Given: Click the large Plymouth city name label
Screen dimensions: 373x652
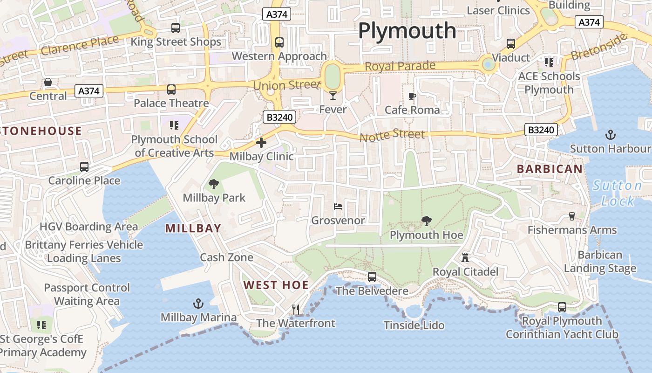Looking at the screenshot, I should click(407, 31).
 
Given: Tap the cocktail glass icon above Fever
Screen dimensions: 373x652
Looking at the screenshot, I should click(333, 96).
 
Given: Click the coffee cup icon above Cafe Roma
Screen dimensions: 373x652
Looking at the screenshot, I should click(412, 97).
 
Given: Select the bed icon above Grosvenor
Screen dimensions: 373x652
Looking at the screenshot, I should click(338, 206).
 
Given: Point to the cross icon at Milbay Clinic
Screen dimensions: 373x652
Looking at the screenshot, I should click(261, 143).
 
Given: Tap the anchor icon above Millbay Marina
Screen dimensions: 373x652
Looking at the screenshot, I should click(198, 304).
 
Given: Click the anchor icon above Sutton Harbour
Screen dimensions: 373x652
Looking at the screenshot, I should click(610, 135).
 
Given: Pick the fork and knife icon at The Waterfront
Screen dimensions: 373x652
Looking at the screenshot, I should click(295, 309).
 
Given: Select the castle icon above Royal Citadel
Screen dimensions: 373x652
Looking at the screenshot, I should click(465, 257).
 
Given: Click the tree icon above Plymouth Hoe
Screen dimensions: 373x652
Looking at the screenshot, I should click(426, 221).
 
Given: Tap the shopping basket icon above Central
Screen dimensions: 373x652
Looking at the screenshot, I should click(48, 83).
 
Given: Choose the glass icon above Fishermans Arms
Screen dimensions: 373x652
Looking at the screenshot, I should click(572, 216).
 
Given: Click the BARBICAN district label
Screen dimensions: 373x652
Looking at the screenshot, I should click(550, 169).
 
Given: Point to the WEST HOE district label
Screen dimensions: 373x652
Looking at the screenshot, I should click(276, 285).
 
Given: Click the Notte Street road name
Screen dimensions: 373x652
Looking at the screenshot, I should click(392, 135).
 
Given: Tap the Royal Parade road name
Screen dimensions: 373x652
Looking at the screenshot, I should click(400, 66).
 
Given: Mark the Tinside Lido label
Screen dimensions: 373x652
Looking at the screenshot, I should click(414, 325).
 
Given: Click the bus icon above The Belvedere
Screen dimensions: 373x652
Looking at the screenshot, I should click(372, 276).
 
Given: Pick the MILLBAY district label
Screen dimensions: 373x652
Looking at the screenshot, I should click(193, 228).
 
